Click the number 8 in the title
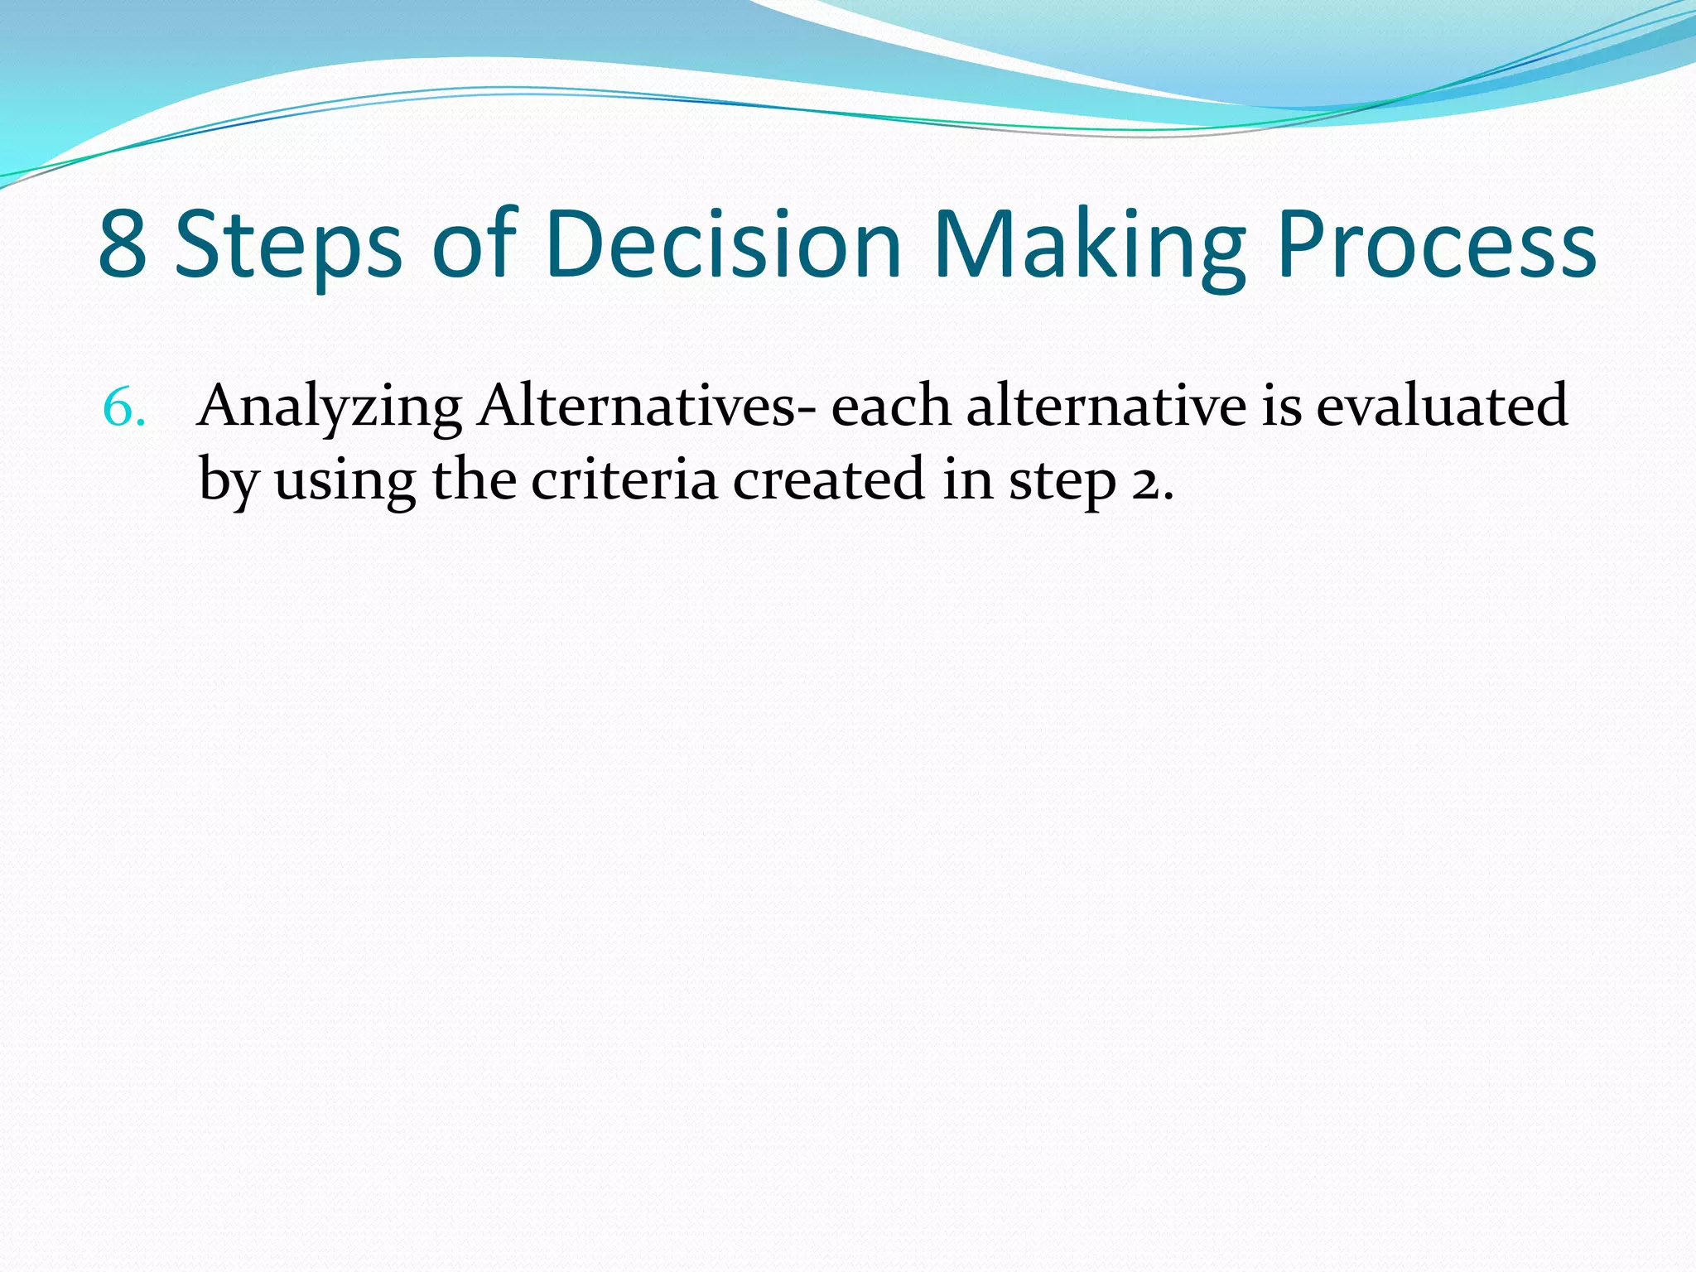click(x=123, y=245)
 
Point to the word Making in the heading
click(x=1089, y=245)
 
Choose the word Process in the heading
click(x=1436, y=245)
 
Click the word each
click(x=890, y=407)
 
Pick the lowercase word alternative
click(x=1106, y=407)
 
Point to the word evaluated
click(x=1442, y=407)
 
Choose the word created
click(x=828, y=479)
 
